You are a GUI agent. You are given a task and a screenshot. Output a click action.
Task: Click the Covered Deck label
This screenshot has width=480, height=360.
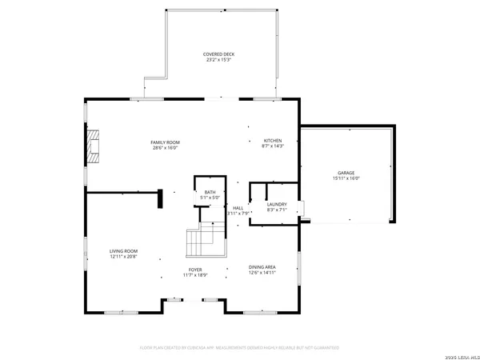coord(218,54)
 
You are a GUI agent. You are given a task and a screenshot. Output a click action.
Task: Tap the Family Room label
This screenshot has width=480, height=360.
coord(165,142)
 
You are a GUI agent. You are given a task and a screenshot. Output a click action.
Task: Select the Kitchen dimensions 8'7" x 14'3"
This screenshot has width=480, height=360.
coord(273,146)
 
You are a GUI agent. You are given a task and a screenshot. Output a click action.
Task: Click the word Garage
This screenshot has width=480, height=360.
coord(346,173)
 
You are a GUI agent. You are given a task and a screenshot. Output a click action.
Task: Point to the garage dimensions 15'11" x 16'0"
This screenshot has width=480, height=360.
coord(346,178)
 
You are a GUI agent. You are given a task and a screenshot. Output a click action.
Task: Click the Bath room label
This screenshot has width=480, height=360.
coord(210,192)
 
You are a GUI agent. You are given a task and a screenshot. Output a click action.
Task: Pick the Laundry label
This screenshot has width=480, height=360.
coord(277,204)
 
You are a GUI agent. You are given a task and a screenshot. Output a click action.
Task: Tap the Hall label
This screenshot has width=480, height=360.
coord(238,208)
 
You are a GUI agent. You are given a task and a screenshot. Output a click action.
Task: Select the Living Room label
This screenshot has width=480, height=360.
coord(124,251)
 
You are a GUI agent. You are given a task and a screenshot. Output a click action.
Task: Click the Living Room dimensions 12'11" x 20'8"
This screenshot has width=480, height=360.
coord(124,257)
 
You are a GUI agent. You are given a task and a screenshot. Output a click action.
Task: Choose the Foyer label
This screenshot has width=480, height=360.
coord(195,270)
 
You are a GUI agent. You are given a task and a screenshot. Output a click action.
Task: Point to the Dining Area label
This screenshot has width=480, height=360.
coord(262,267)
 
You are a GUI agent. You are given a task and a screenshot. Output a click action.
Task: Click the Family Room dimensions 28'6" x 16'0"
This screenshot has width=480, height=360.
coord(165,147)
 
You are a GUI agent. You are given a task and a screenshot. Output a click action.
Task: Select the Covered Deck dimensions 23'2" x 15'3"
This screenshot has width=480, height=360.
coord(218,59)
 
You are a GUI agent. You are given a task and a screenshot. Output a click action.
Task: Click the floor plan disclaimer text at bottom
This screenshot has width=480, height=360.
coord(239,348)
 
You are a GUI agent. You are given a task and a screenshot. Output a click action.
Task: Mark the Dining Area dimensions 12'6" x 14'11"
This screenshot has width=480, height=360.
coord(262,273)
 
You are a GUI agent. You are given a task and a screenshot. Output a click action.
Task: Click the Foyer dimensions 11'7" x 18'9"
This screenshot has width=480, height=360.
coord(195,275)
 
